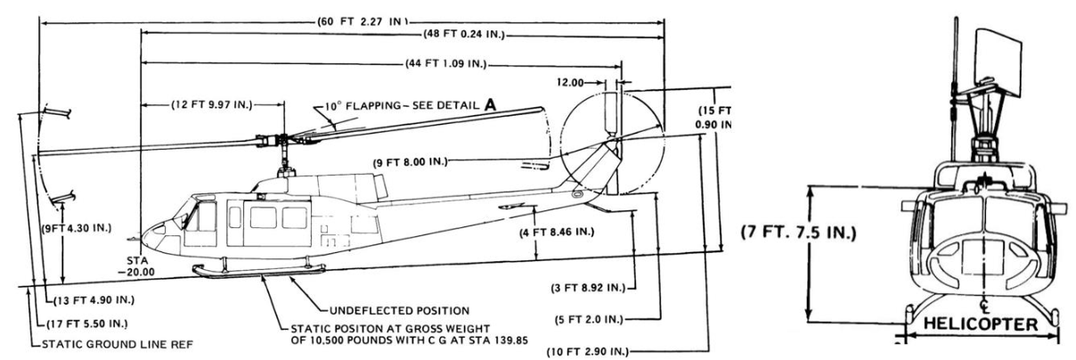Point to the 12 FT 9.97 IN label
[212, 105]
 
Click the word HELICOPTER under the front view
[982, 326]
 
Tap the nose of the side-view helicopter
[145, 233]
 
